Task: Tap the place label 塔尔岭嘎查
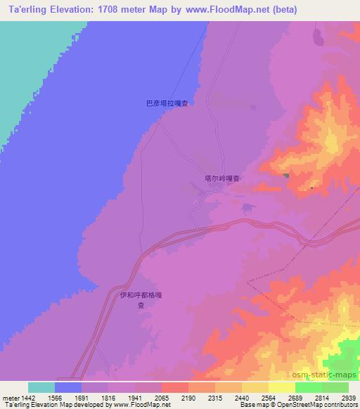click(217, 178)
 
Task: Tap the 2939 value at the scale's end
click(341, 398)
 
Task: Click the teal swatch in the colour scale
click(41, 387)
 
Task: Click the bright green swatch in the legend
click(308, 387)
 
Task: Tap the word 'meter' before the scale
click(11, 398)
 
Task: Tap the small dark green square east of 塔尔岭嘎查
click(286, 176)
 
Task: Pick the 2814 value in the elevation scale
click(314, 398)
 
